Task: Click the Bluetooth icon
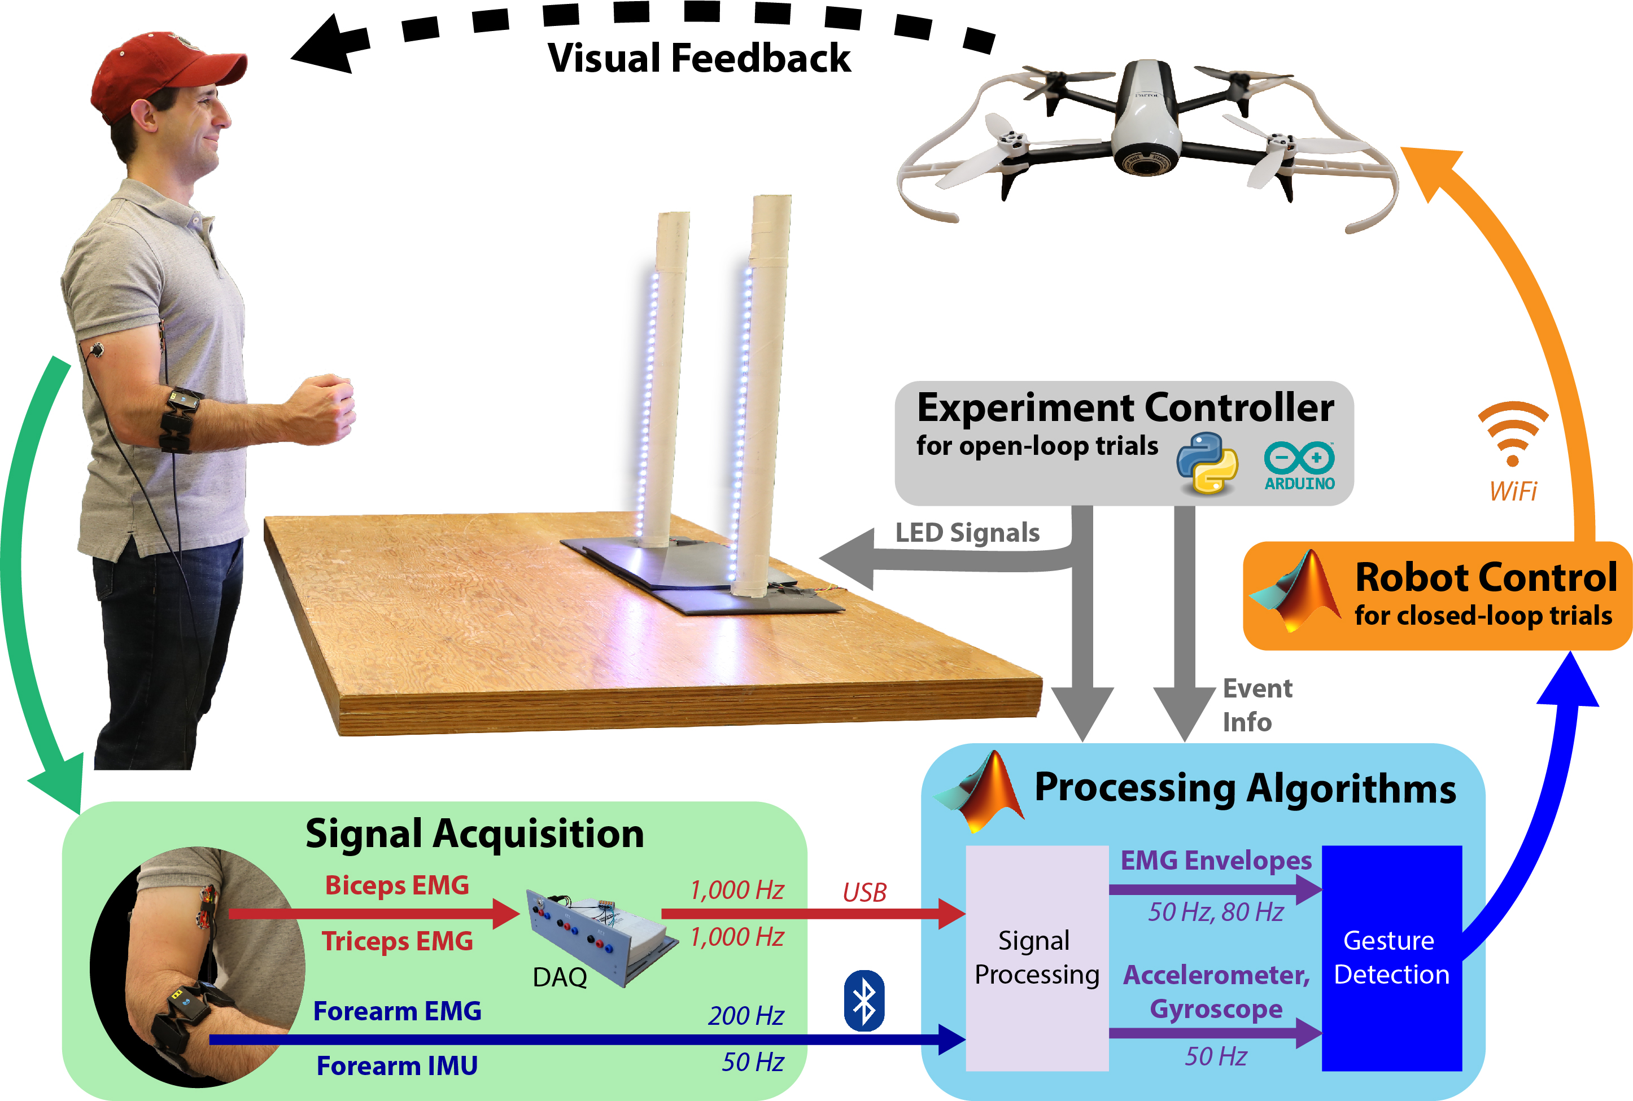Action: pos(863,1001)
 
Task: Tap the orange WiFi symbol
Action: pos(1512,433)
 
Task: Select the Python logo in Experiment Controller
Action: pos(1207,463)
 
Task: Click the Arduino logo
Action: pos(1299,466)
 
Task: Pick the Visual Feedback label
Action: pos(699,58)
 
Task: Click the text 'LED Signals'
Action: pos(967,532)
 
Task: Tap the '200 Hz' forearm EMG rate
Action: pos(745,1015)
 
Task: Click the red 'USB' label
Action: pos(864,892)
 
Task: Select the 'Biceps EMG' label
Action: pos(397,885)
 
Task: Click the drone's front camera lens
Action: pos(1145,164)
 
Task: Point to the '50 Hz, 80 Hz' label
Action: pos(1215,911)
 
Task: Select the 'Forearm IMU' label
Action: pos(397,1065)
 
